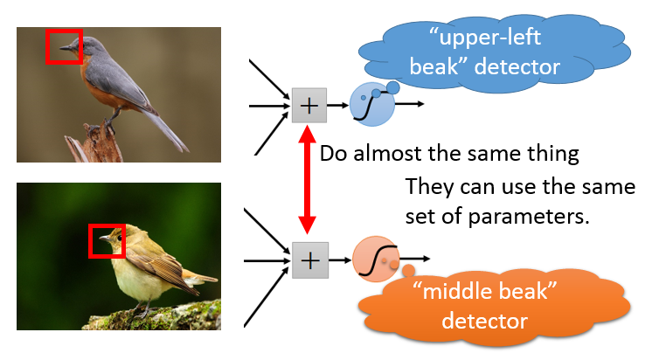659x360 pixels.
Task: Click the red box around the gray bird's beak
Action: click(46, 46)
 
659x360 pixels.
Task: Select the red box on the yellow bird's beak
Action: click(89, 240)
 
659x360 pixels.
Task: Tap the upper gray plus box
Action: click(309, 106)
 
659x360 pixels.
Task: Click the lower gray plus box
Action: click(310, 260)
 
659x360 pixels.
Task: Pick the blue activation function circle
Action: click(372, 105)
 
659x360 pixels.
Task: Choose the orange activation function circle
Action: click(375, 260)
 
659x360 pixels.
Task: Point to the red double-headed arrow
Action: click(308, 180)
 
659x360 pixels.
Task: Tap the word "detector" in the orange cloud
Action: click(484, 321)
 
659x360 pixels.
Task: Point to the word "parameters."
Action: click(529, 218)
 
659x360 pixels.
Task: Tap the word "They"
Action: click(429, 187)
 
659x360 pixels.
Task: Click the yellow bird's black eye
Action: click(120, 238)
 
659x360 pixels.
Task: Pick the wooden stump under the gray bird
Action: click(94, 142)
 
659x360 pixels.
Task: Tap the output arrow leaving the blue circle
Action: click(409, 104)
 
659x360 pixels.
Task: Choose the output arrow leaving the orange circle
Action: click(414, 260)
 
